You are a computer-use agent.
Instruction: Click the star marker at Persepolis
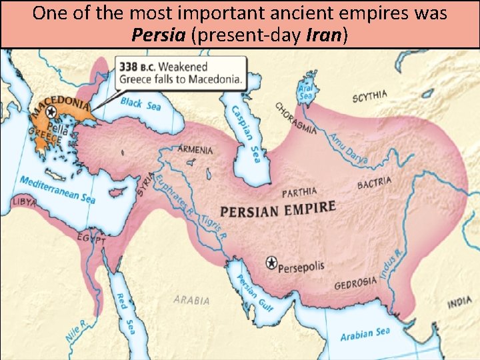(271, 263)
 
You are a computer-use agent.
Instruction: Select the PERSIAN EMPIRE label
(278, 209)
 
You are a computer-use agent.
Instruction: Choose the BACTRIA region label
(374, 183)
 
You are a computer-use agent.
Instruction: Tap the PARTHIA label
(299, 193)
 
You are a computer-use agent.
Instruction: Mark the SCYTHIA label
(369, 97)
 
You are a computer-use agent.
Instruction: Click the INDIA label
(459, 303)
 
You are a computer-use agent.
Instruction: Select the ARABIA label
(191, 300)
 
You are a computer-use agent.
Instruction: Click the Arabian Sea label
(365, 333)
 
